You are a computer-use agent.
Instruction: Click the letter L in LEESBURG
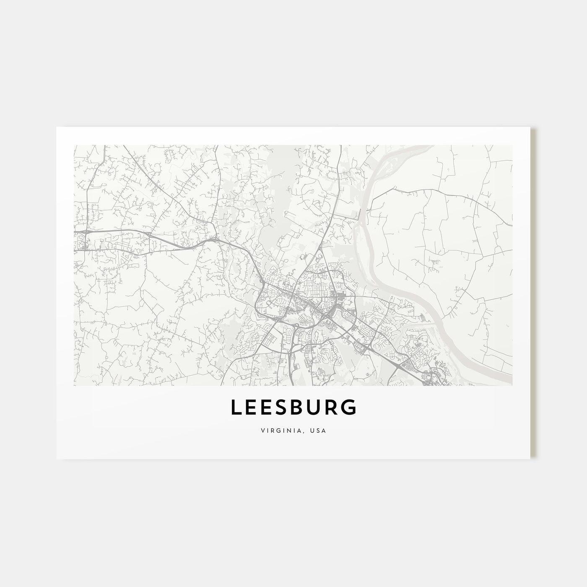(236, 408)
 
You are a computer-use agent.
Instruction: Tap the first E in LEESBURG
(252, 408)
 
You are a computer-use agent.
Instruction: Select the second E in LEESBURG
(268, 408)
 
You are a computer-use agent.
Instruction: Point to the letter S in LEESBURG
(285, 408)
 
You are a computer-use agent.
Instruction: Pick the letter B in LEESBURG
(301, 408)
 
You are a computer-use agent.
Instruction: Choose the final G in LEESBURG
(351, 408)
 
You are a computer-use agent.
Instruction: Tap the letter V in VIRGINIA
(262, 431)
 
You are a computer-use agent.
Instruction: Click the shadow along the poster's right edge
(533, 293)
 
